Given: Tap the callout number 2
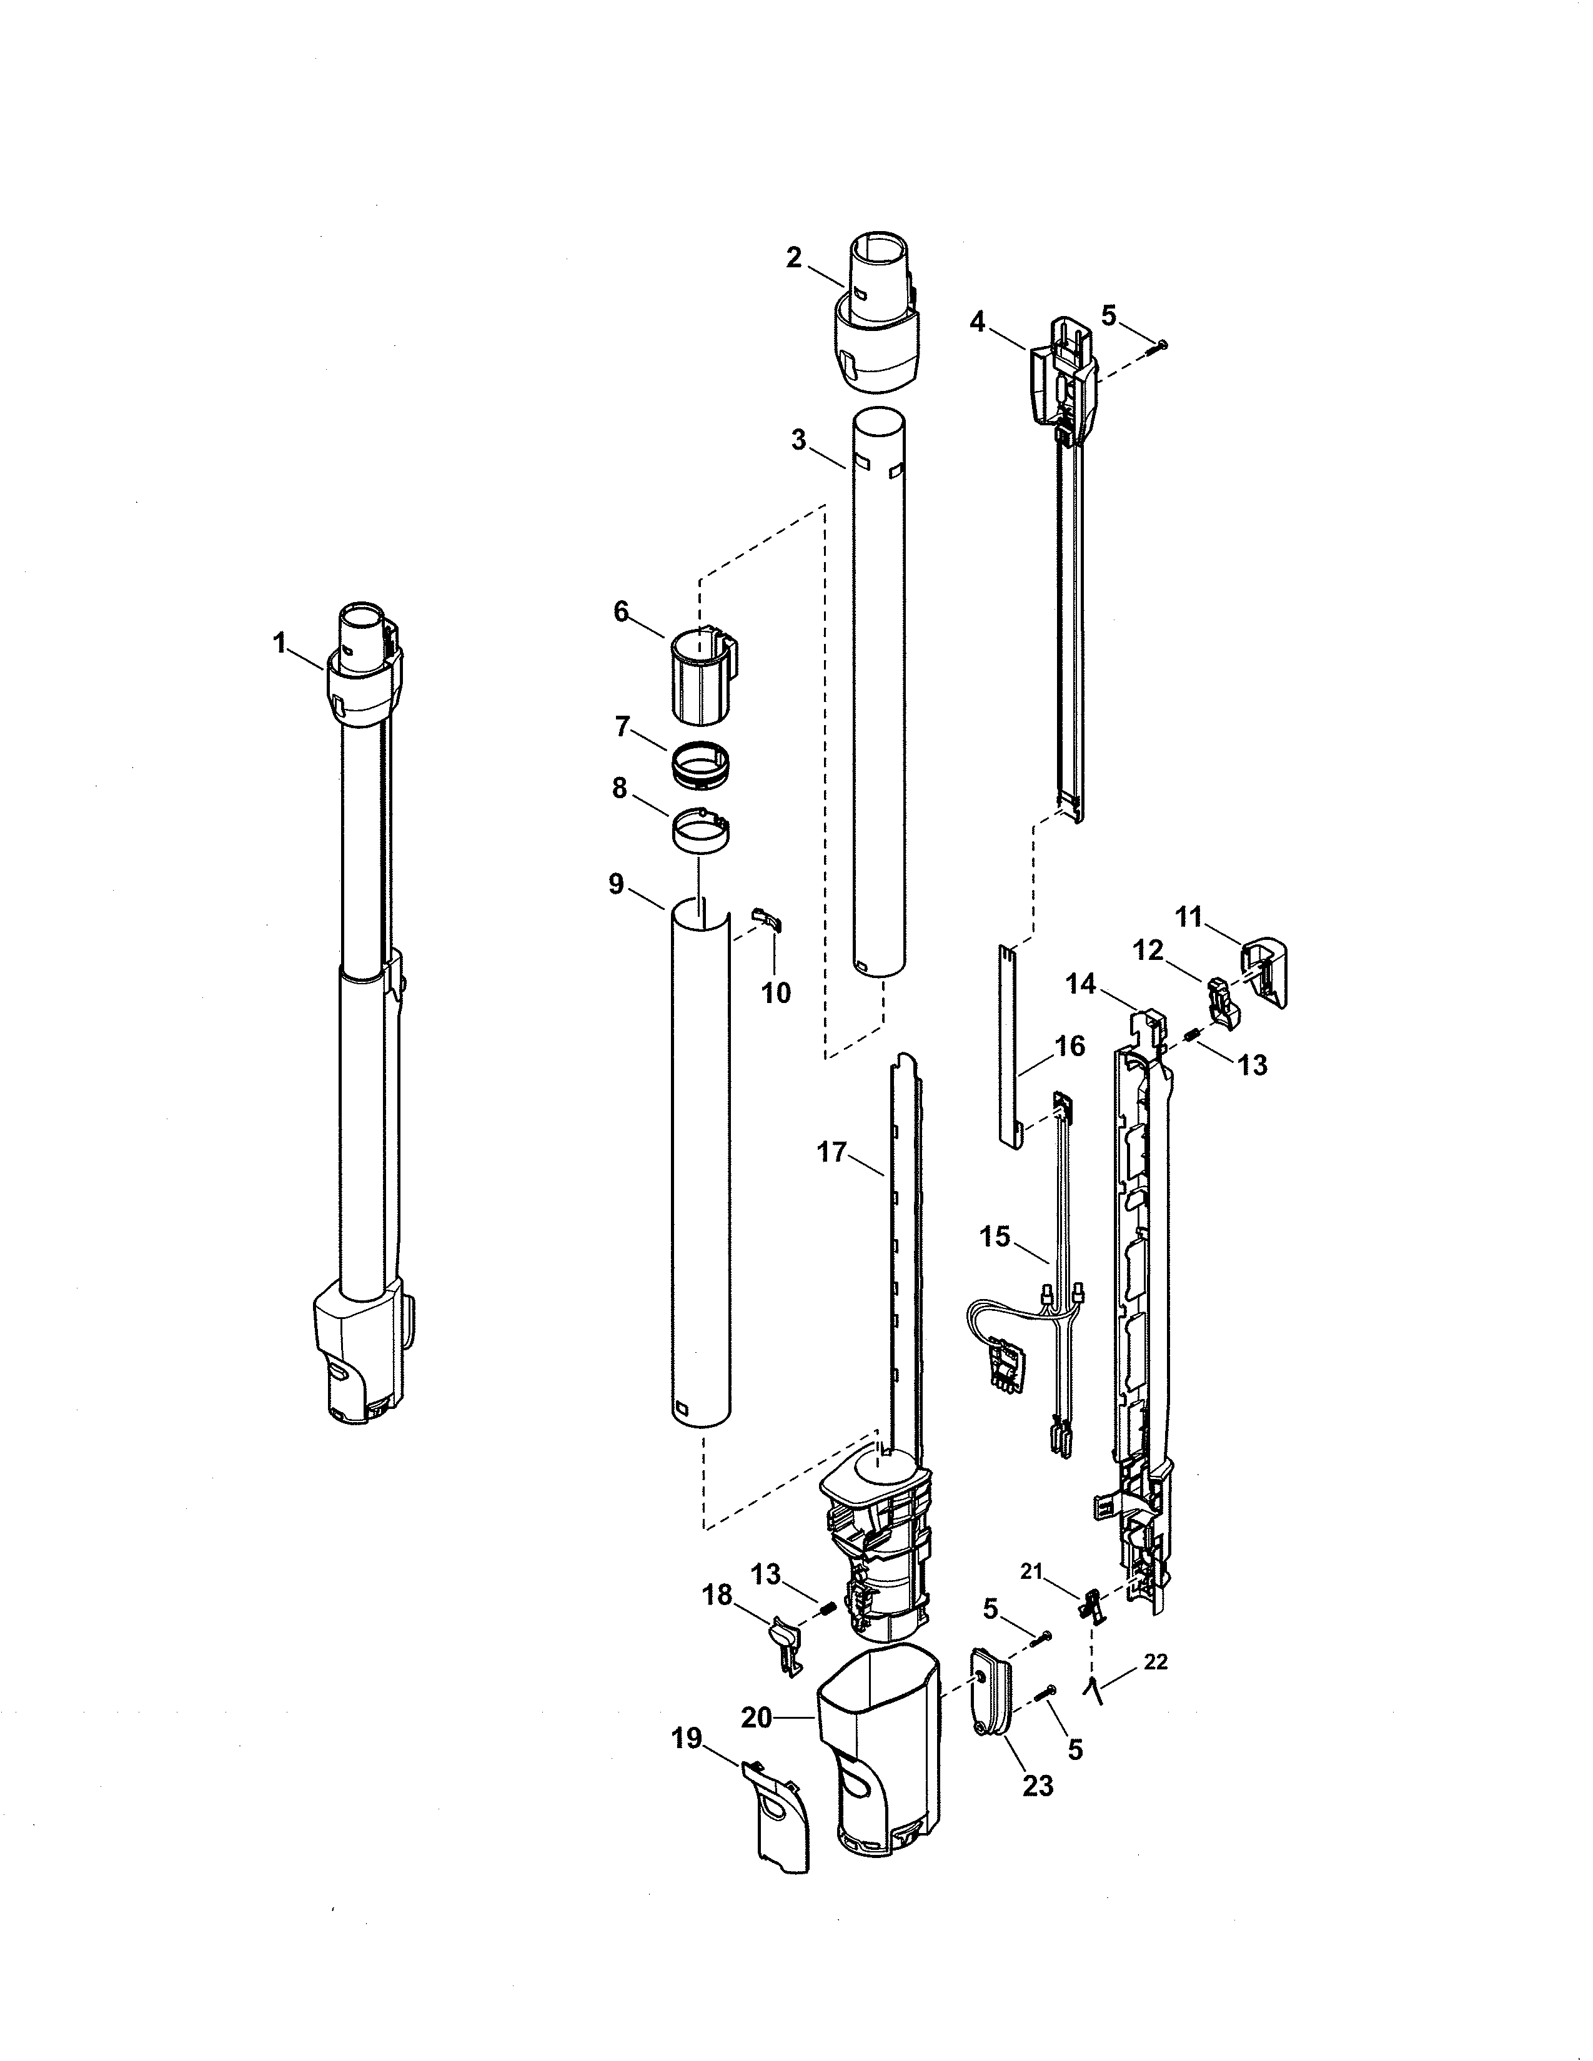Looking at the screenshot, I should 793,257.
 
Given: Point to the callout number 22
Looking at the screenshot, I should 1155,1663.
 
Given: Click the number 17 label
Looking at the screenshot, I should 831,1152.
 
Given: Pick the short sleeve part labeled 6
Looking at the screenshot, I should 703,678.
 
